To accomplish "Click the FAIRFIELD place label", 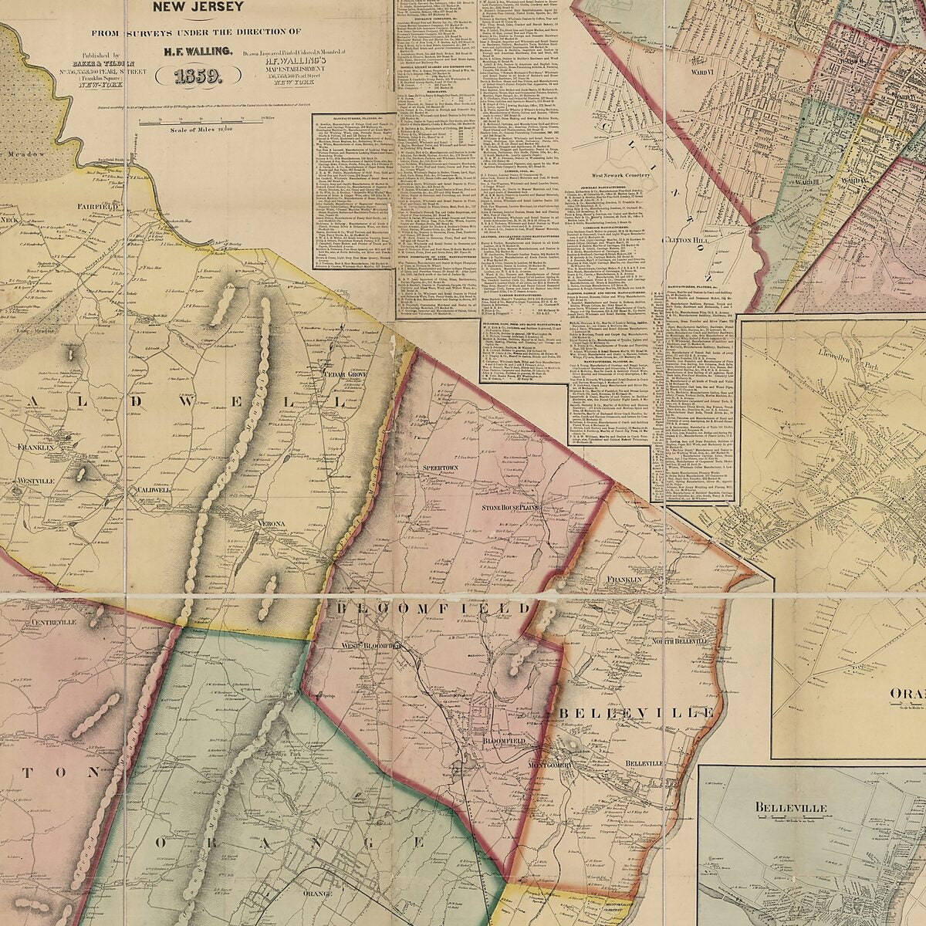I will click(96, 208).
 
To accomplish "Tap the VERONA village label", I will click(272, 525).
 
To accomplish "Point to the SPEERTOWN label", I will click(441, 468).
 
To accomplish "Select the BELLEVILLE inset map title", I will click(791, 807).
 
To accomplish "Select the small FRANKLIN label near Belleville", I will click(625, 579).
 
